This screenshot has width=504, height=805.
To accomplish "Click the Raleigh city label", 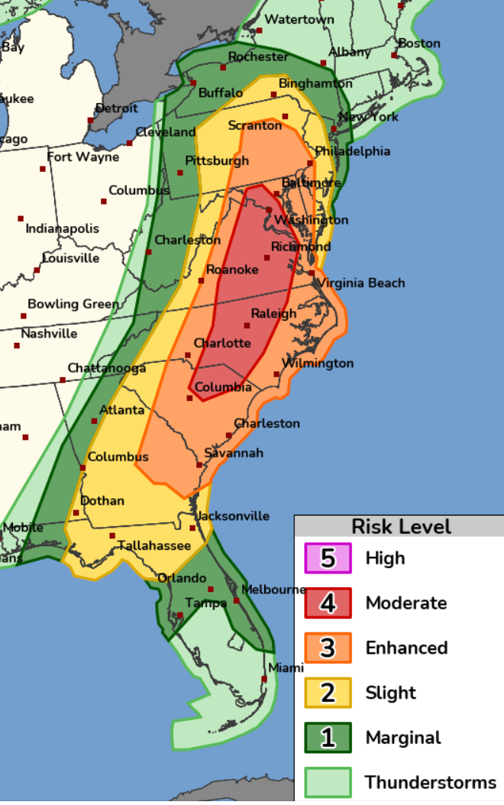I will pyautogui.click(x=273, y=314).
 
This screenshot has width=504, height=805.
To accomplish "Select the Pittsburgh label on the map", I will pyautogui.click(x=217, y=161).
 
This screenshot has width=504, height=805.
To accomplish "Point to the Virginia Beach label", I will pyautogui.click(x=361, y=283).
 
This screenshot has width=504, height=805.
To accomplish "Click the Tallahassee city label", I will pyautogui.click(x=153, y=545).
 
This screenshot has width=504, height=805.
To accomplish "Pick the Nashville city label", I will pyautogui.click(x=49, y=334).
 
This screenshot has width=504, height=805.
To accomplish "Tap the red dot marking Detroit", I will pyautogui.click(x=91, y=120).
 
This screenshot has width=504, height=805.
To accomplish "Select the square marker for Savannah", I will pyautogui.click(x=199, y=464).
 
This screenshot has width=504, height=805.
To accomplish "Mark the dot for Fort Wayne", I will pyautogui.click(x=43, y=169).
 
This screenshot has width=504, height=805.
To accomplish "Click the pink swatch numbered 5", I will pyautogui.click(x=328, y=558).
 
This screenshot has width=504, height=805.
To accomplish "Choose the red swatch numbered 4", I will pyautogui.click(x=328, y=603).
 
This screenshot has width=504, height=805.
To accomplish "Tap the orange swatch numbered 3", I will pyautogui.click(x=328, y=648).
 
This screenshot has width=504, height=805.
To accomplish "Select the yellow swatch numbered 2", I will pyautogui.click(x=328, y=693).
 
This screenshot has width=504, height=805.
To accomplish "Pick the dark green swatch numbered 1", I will pyautogui.click(x=328, y=738).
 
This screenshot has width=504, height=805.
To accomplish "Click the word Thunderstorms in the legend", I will pyautogui.click(x=430, y=783).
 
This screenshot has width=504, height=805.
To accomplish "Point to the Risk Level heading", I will pyautogui.click(x=401, y=527).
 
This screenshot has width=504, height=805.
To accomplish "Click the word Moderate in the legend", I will pyautogui.click(x=406, y=603).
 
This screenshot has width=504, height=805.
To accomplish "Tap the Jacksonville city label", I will pyautogui.click(x=233, y=516).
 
